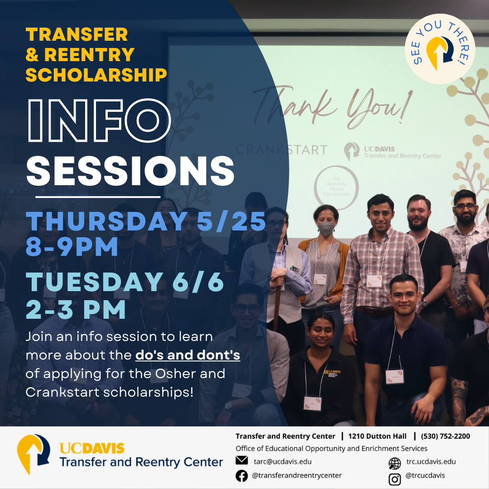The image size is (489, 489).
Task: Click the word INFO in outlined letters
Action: pos(100,120)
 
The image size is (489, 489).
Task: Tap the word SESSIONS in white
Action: pos(130,171)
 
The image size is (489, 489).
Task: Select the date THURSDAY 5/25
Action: pos(146,221)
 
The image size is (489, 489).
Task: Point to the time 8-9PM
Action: pos(72,246)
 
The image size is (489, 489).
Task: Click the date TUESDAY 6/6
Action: pos(125,282)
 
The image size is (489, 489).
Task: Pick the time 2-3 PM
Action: pos(76,309)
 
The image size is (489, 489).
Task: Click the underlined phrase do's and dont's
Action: pos(188,355)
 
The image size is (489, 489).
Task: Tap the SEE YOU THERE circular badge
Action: pos(440,48)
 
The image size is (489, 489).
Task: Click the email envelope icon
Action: pos(242,460)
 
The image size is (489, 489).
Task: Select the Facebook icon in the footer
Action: pos(242,476)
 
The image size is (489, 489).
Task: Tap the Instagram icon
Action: pos(395,479)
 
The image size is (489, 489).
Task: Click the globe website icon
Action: pos(395,464)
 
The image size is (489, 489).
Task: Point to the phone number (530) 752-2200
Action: pos(446,436)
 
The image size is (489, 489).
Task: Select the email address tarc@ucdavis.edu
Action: pos(283,461)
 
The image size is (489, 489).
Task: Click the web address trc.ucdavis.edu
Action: pos(431,461)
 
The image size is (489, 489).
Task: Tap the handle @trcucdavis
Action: pos(425,475)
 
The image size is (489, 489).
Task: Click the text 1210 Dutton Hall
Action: pos(377,436)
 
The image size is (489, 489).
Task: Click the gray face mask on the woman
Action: pos(326,229)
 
